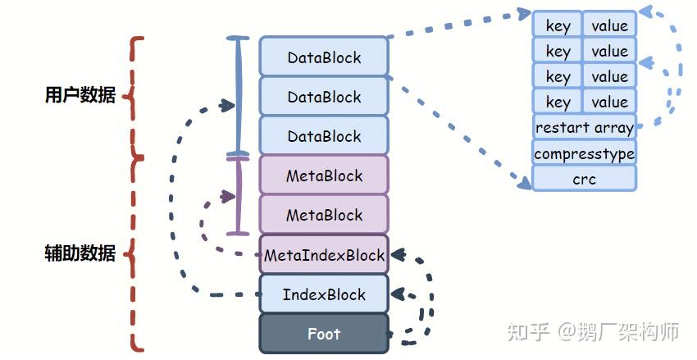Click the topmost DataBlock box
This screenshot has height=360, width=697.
(324, 57)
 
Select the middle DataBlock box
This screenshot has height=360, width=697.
(324, 97)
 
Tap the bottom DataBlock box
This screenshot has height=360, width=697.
(324, 136)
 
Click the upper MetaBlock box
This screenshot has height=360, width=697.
(324, 175)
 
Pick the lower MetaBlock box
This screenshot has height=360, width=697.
(324, 215)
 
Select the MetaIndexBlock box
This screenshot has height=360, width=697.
(324, 255)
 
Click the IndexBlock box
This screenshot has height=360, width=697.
(324, 294)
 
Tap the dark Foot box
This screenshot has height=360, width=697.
(324, 334)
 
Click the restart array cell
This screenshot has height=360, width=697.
(584, 128)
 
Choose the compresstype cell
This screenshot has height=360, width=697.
(584, 153)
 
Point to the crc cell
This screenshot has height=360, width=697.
(584, 178)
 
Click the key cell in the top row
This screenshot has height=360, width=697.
(558, 25)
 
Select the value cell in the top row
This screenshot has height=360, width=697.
(609, 25)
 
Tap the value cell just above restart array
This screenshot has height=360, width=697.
(609, 102)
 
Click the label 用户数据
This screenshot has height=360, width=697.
(80, 95)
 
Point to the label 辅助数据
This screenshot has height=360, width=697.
(80, 253)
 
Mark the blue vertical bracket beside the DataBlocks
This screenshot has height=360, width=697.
(238, 96)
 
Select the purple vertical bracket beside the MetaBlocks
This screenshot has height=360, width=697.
(238, 195)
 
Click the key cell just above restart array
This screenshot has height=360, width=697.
(558, 102)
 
